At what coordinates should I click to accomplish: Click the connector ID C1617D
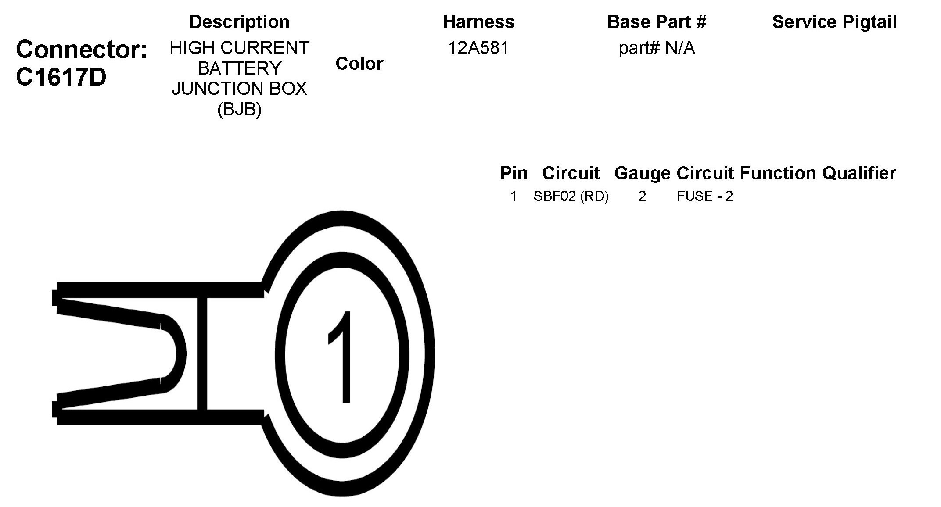pos(61,78)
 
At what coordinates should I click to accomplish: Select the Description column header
pos(239,22)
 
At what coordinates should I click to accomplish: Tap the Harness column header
pos(478,22)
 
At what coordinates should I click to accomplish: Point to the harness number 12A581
pos(478,48)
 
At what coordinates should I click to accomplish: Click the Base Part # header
pos(657,22)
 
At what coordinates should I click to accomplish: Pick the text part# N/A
pos(657,48)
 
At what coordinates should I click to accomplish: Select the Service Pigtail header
pos(834,22)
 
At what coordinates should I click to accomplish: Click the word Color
pos(359,64)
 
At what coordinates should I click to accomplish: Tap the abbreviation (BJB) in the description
pos(239,109)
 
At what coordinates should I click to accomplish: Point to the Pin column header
pos(514,173)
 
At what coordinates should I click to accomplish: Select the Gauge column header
pos(642,173)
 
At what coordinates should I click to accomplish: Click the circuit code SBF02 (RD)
pos(571,196)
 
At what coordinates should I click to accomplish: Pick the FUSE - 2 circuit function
pos(704,196)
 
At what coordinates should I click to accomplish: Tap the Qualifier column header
pos(859,173)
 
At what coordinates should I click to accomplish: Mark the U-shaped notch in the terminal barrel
pos(169,353)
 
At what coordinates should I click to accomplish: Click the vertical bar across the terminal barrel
pos(201,353)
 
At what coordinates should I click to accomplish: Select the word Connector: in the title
pos(82,50)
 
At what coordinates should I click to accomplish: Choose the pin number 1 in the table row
pos(514,196)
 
